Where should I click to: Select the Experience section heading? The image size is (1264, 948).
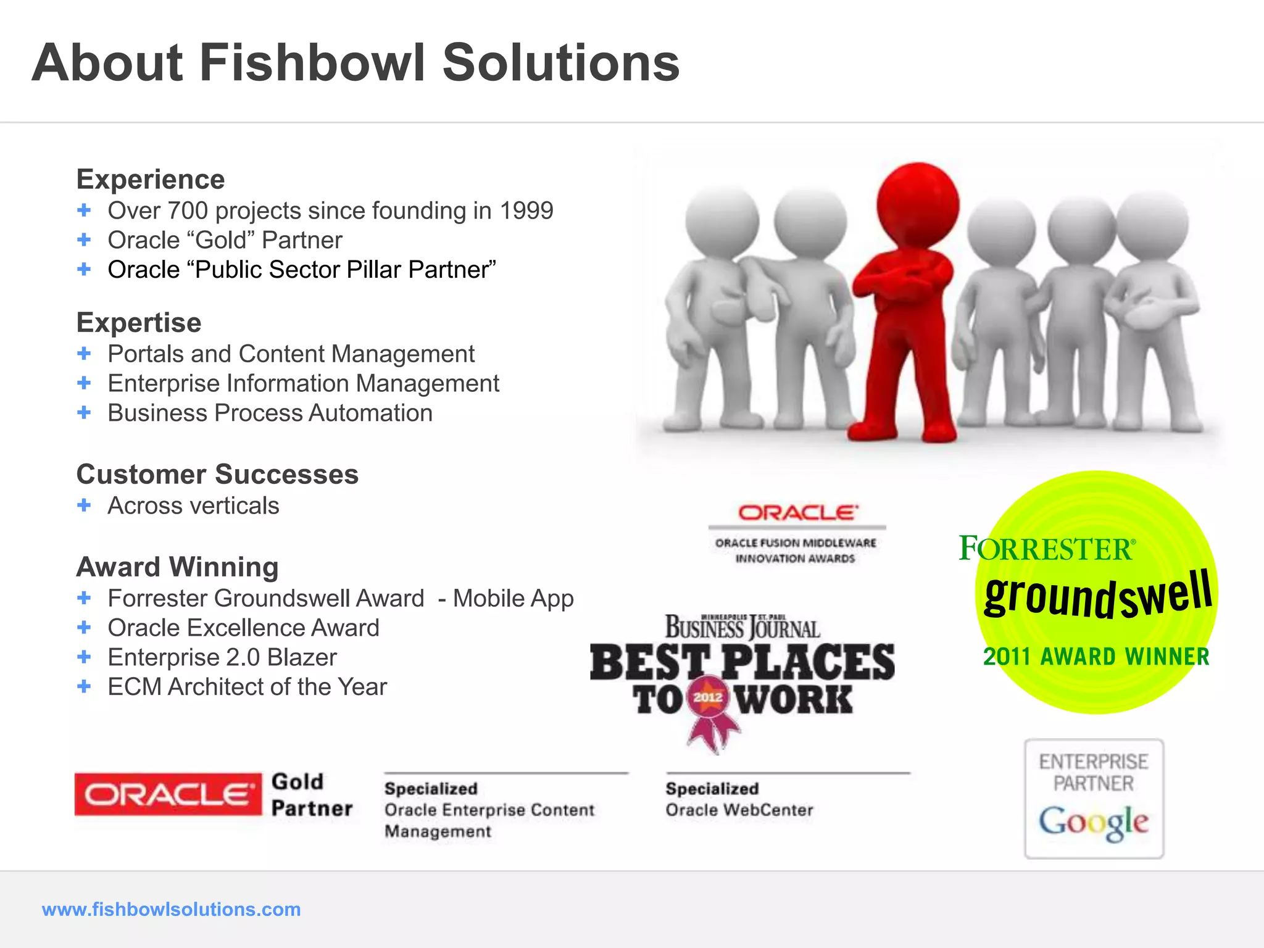tap(151, 180)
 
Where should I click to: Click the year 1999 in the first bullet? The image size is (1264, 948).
tap(526, 211)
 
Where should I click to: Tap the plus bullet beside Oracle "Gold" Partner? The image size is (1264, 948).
tap(84, 239)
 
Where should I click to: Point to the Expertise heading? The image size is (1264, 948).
tap(139, 323)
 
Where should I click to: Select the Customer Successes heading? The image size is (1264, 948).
tap(217, 475)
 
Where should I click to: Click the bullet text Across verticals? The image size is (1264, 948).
tap(193, 506)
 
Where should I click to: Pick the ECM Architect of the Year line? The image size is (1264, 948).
tap(247, 687)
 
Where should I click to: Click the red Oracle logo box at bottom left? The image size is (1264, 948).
tap(168, 794)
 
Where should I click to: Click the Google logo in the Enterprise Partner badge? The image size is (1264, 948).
tap(1094, 822)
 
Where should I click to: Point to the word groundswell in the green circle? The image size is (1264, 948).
tap(1097, 594)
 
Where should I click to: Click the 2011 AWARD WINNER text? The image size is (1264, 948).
tap(1096, 657)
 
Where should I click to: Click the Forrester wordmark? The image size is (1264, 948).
tap(1047, 548)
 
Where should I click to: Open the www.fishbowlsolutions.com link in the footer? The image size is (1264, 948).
tap(171, 909)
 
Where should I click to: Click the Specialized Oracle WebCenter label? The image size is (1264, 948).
tap(739, 800)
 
